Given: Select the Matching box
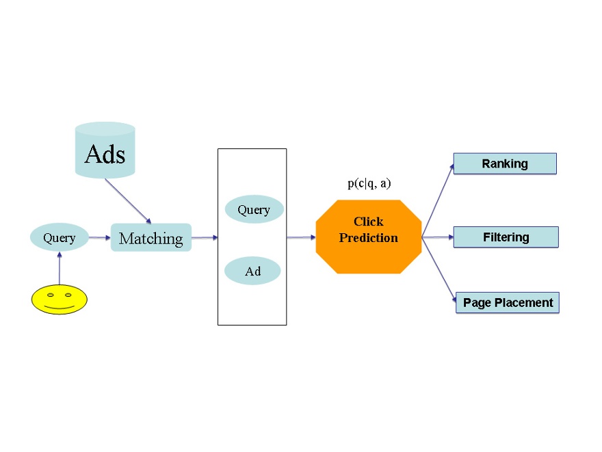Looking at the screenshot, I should click(x=151, y=238).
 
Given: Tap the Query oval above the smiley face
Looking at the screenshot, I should click(x=60, y=238).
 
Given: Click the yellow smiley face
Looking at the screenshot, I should click(x=60, y=300).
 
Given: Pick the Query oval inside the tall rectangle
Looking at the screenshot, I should click(x=254, y=210).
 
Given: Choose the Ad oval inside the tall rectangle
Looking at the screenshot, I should click(x=252, y=271).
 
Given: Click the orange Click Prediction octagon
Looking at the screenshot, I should click(x=368, y=237).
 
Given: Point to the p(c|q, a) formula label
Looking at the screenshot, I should click(x=369, y=183).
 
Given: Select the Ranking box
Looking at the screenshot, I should click(x=505, y=163).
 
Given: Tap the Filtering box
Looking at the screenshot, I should click(x=506, y=237).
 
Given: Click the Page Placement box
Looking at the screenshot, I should click(x=508, y=302).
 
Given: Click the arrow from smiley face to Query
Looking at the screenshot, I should click(x=60, y=268).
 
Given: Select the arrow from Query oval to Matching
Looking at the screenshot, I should click(x=99, y=238).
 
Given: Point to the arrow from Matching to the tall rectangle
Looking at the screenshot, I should click(x=204, y=238).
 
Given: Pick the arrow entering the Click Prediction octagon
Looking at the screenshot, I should click(x=301, y=238).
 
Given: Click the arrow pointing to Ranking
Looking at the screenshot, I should click(x=438, y=200).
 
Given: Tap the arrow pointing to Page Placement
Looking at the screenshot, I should click(x=439, y=269).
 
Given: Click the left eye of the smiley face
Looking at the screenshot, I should click(x=49, y=295).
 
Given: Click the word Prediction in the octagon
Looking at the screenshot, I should click(x=368, y=238).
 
